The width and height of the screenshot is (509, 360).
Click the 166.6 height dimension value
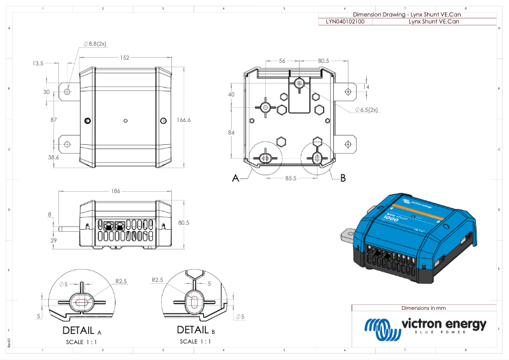(184, 119)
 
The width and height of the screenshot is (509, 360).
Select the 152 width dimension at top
(124, 58)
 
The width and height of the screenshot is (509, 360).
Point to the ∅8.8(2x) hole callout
(95, 44)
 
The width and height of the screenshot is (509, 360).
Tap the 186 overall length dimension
(115, 190)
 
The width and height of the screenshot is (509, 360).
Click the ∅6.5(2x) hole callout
(366, 109)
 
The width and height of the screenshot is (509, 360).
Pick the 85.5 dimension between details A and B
(291, 178)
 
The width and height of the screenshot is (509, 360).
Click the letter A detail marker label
(235, 178)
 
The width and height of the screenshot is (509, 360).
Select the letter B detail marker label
(343, 178)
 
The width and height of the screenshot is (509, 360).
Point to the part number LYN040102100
(345, 21)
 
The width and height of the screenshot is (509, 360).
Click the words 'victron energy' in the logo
(444, 324)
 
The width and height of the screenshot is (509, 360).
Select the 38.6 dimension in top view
(54, 157)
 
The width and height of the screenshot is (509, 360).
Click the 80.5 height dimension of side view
(184, 223)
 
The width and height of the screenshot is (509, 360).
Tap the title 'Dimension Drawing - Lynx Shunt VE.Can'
(406, 14)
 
